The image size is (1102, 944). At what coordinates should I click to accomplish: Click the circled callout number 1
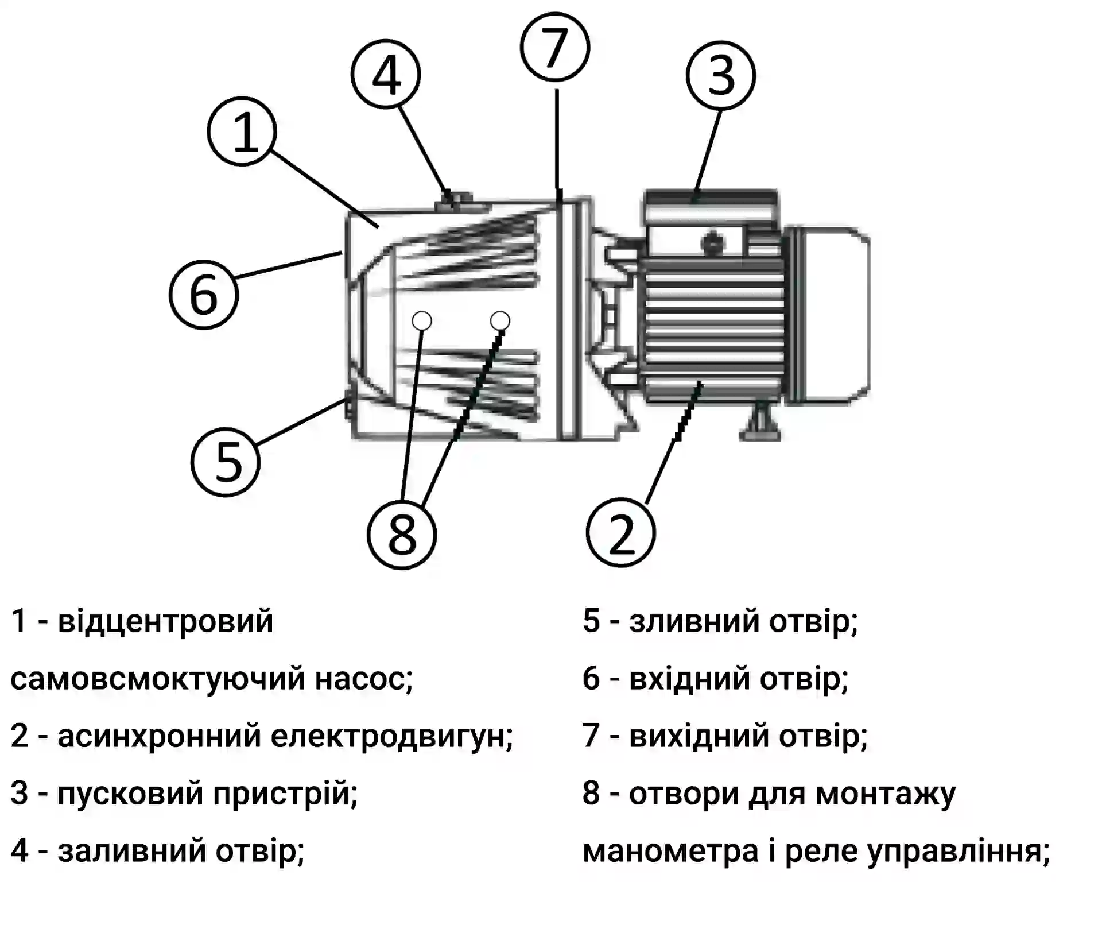pos(242,131)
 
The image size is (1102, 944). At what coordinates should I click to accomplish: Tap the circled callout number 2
pos(620,533)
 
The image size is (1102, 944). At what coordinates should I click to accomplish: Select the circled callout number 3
pos(721,75)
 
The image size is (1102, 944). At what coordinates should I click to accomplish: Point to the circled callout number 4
pos(386,75)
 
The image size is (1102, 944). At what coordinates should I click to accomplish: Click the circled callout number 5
pos(226,462)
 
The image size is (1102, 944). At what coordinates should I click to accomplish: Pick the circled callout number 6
pos(203,295)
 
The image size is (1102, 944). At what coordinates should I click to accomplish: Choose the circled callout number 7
pos(555,46)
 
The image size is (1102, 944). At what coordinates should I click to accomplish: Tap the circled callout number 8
pos(402,535)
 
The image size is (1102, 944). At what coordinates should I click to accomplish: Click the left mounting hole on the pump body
pos(422,320)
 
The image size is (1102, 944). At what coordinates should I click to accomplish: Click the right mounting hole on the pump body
pos(500,320)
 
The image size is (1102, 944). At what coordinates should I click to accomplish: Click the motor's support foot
pos(760,425)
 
